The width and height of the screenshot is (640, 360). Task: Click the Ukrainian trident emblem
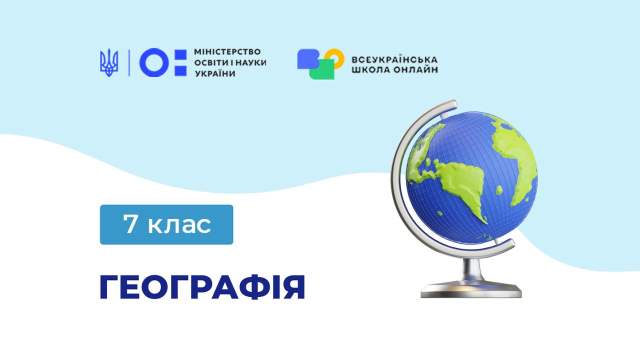coord(109,62)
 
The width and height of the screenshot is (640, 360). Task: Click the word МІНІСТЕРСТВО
coord(227,51)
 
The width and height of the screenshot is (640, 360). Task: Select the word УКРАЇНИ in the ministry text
coord(215,73)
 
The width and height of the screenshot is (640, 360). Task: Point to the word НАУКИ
coord(251,62)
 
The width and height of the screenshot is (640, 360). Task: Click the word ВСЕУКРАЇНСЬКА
coord(394,60)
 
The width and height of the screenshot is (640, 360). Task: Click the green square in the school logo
coord(322,70)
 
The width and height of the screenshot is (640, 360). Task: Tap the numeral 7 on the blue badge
coord(129,223)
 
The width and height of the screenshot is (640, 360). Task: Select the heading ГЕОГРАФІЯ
coord(202,287)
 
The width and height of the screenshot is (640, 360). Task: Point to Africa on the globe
coord(514,160)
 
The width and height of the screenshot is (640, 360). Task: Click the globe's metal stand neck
coord(471,269)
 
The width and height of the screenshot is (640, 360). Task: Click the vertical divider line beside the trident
coord(129,63)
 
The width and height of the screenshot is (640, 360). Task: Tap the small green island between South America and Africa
coord(499,190)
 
